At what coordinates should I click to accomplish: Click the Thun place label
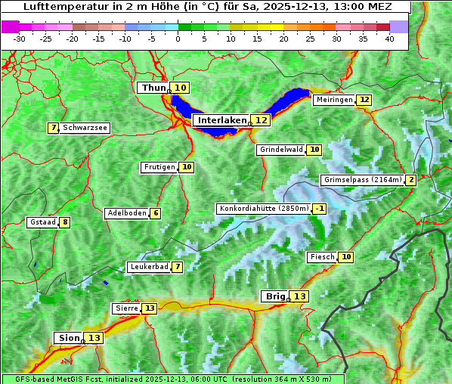point(153,88)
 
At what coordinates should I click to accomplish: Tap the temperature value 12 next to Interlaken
point(261,120)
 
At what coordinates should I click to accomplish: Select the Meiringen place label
point(333,100)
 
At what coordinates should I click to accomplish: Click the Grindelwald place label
point(280,150)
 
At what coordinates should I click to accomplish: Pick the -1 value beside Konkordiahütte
point(320,209)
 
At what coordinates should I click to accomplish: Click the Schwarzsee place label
point(85,128)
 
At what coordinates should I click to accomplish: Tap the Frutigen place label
point(159,167)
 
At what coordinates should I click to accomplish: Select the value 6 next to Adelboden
point(156,213)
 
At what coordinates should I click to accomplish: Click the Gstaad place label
point(42,222)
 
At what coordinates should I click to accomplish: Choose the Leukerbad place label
point(147,267)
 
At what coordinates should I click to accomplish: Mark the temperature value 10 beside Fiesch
point(346,257)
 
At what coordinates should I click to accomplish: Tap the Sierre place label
point(125,308)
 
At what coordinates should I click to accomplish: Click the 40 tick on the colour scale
point(389,39)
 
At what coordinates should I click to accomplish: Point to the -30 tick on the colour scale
point(20,39)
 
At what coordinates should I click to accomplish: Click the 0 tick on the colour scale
point(178,39)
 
